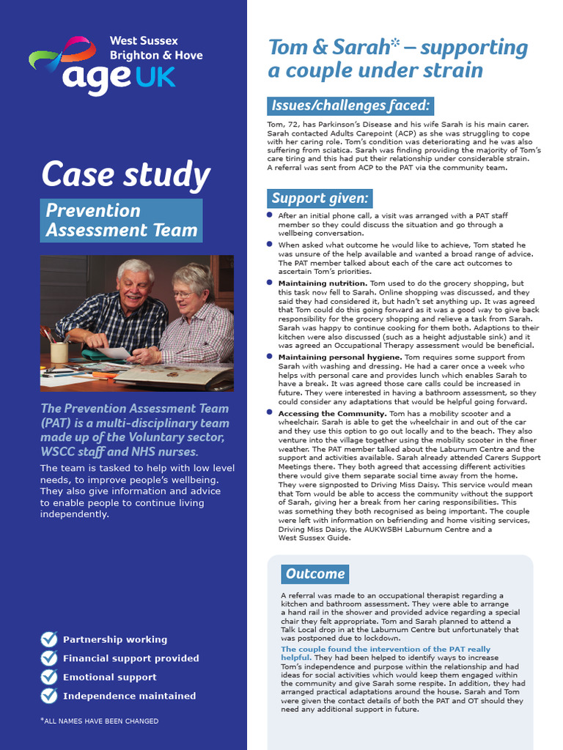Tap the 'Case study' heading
click(x=125, y=175)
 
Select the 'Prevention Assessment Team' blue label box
click(x=121, y=220)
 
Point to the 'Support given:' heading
click(x=319, y=198)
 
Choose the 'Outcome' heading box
click(x=315, y=573)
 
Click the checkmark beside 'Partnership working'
click(x=49, y=639)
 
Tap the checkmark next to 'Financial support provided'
click(x=49, y=658)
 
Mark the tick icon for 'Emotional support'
click(x=49, y=677)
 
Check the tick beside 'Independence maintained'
click(x=49, y=695)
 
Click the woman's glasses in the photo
click(x=184, y=294)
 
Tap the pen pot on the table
click(x=59, y=352)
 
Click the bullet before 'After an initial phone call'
click(x=270, y=215)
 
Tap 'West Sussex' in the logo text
click(x=144, y=41)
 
